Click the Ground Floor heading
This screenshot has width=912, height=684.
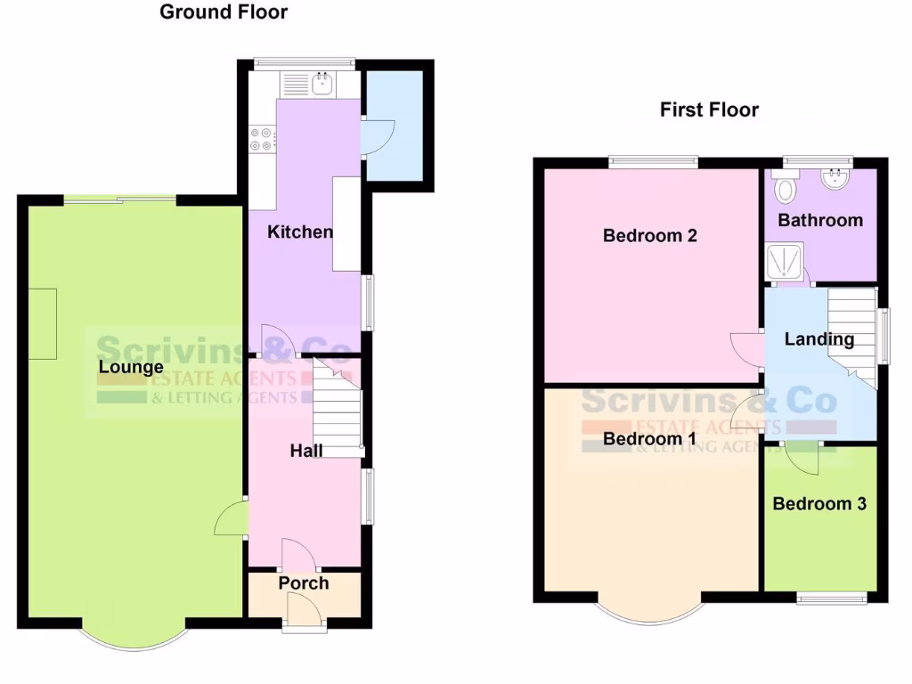224,12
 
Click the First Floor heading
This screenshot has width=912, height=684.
709,110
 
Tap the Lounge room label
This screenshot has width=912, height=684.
131,367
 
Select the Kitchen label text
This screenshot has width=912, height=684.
301,232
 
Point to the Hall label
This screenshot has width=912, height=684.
306,452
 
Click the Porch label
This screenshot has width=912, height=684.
304,583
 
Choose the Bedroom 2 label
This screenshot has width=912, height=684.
649,236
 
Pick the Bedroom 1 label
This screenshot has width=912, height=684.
649,439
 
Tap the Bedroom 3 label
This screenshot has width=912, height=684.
818,504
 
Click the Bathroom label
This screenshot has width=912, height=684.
820,220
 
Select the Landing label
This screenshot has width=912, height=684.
818,339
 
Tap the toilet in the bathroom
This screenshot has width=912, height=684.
785,189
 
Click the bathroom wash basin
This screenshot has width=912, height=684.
835,181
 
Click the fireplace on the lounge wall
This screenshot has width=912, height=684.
43,323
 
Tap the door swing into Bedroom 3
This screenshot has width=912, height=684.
803,457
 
